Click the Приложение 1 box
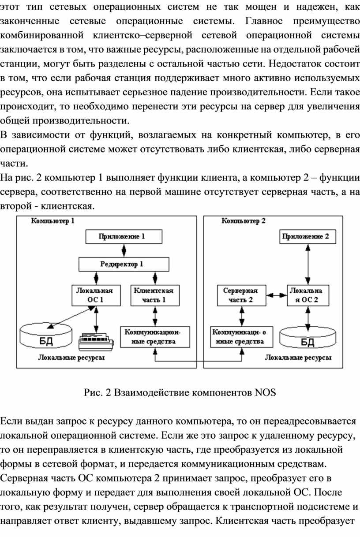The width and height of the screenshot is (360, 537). [x=124, y=237]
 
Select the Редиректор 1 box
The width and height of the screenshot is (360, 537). [x=124, y=265]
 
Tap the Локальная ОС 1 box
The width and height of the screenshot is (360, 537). [x=96, y=295]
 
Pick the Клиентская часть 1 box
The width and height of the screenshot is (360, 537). [x=155, y=295]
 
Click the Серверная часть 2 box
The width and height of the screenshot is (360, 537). [x=241, y=295]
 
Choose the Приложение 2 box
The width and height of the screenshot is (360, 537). [x=307, y=237]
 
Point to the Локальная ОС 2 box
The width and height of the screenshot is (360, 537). [x=308, y=295]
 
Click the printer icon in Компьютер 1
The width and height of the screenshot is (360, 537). [x=96, y=342]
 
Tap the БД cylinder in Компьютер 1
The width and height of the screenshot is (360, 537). [x=46, y=336]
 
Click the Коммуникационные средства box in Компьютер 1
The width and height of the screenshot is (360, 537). [x=155, y=337]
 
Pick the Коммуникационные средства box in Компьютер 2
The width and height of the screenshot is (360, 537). [x=241, y=337]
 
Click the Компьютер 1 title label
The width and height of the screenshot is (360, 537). [x=52, y=221]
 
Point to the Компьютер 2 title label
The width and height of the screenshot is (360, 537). [x=243, y=221]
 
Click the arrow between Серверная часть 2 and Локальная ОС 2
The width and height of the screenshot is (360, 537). [x=277, y=295]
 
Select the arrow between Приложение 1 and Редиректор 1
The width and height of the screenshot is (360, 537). [x=124, y=251]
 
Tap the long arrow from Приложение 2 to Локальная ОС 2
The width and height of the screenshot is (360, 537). [x=307, y=265]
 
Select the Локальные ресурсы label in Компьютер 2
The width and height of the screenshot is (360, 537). [x=298, y=358]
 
